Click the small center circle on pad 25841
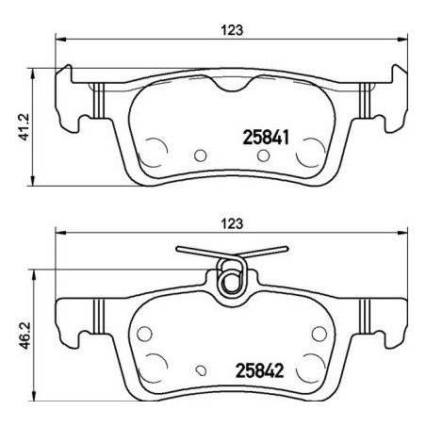coord(198,156)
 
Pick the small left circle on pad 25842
coord(145,333)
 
